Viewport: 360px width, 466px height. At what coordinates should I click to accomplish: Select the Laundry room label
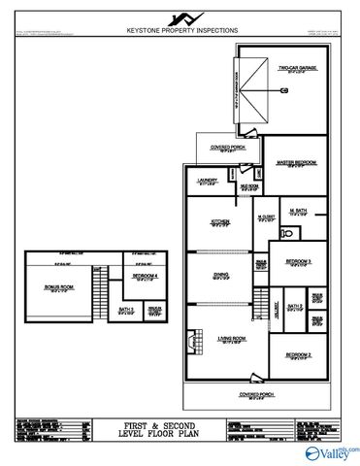coord(207,181)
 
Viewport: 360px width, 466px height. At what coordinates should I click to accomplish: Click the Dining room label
coord(221,275)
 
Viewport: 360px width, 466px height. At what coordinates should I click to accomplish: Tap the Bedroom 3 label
coord(297,261)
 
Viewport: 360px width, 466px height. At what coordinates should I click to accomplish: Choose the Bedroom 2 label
coord(297,356)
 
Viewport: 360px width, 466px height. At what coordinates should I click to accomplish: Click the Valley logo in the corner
coord(334,452)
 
